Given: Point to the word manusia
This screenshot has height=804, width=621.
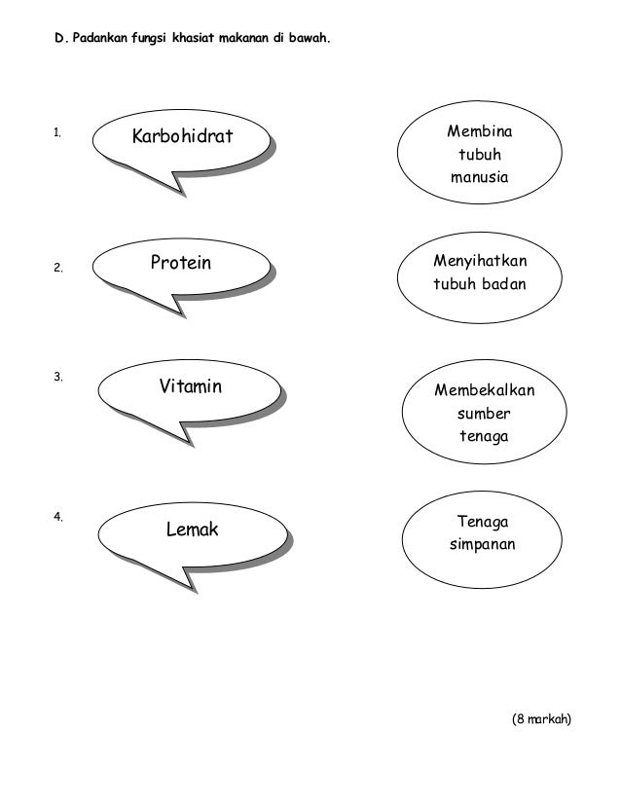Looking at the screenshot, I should click(x=477, y=178).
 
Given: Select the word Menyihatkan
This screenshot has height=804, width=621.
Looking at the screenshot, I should click(x=477, y=263).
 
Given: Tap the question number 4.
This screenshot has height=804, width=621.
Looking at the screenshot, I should click(x=58, y=515).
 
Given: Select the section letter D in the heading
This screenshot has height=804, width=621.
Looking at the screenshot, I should click(x=57, y=44).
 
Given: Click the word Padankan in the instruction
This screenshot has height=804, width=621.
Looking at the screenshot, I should click(x=95, y=44).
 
